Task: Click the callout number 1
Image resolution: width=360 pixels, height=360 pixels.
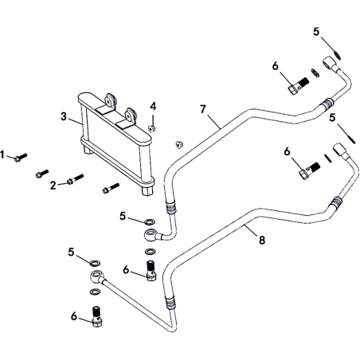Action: coord(2,155)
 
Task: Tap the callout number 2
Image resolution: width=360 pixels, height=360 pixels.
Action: coord(53,186)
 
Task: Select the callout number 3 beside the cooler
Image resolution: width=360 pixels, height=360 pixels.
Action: coord(64,116)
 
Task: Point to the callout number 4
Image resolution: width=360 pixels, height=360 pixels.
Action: coord(153,107)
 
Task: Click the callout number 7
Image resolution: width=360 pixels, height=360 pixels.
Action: coord(203,109)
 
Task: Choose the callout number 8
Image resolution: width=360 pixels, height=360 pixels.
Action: coord(262,241)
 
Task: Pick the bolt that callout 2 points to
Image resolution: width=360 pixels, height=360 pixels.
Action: coord(75,179)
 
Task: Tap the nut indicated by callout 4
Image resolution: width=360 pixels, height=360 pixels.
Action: coord(151,129)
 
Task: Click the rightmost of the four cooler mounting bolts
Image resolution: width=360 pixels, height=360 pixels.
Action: coord(111,188)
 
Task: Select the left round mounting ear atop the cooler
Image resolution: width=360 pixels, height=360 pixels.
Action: coord(109,100)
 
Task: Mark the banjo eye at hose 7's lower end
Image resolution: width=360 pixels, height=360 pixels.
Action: coord(151,235)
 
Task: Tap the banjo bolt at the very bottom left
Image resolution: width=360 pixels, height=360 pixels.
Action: coord(96,316)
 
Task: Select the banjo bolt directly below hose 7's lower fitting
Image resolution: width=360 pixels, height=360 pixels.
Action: coord(151,270)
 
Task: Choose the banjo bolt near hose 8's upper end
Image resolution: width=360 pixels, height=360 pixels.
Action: coord(310,170)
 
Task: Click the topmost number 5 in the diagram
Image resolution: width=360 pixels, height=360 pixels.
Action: coord(316,32)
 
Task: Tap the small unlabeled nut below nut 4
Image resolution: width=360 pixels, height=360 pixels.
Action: coord(178,144)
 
